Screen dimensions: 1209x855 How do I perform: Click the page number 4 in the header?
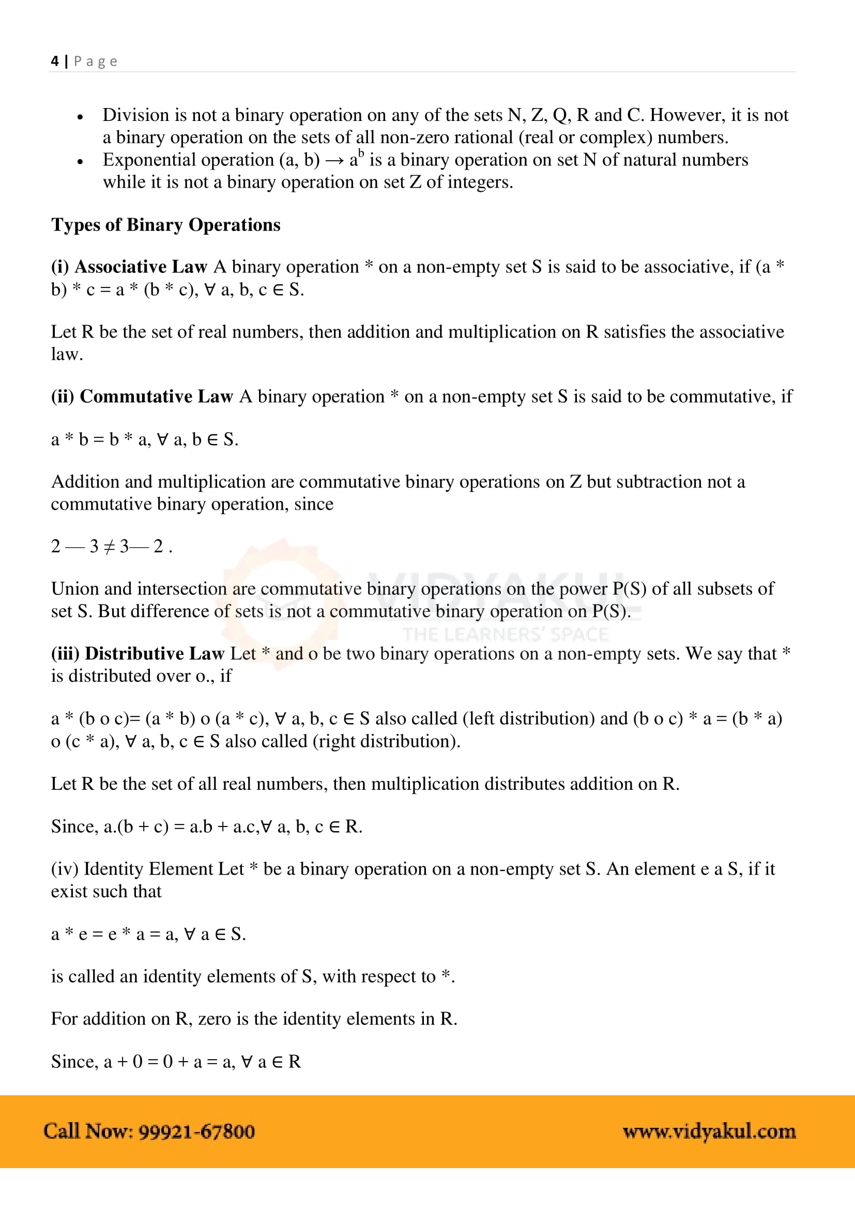pyautogui.click(x=55, y=61)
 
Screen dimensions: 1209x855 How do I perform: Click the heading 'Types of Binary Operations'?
pyautogui.click(x=165, y=225)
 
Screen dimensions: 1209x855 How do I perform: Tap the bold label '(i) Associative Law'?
pyautogui.click(x=129, y=267)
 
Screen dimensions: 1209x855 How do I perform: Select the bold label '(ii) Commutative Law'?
pyautogui.click(x=142, y=396)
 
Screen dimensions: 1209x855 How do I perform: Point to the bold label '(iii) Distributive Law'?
pyautogui.click(x=138, y=653)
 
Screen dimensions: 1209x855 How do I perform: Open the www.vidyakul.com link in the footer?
pyautogui.click(x=709, y=1131)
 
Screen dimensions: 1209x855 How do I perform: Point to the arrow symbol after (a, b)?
pyautogui.click(x=334, y=161)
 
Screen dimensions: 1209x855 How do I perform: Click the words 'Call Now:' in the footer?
pyautogui.click(x=88, y=1131)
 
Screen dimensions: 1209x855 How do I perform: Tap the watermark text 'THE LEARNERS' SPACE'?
pyautogui.click(x=506, y=635)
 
